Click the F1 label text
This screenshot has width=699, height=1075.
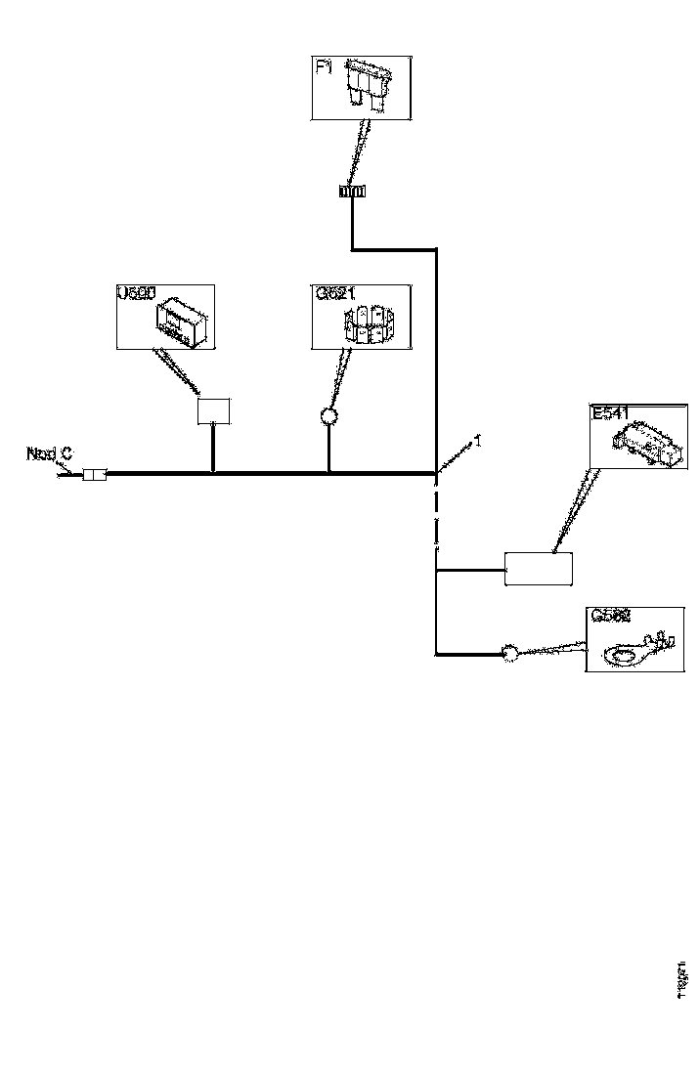point(324,69)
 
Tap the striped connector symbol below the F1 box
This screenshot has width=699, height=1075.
point(352,191)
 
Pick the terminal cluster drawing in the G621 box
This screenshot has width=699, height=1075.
point(369,323)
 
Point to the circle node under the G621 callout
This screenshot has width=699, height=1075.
point(328,417)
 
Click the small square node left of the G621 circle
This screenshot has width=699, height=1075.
point(213,410)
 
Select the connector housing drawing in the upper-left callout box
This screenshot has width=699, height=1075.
point(183,322)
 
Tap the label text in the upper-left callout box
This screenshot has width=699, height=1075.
point(136,293)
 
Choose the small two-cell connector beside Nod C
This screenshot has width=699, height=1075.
point(94,475)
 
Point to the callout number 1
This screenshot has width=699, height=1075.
point(478,442)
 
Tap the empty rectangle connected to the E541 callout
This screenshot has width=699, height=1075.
point(538,568)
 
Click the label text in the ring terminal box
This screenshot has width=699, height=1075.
point(610,617)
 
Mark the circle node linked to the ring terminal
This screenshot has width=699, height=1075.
point(508,653)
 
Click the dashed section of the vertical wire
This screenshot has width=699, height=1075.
point(436,518)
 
